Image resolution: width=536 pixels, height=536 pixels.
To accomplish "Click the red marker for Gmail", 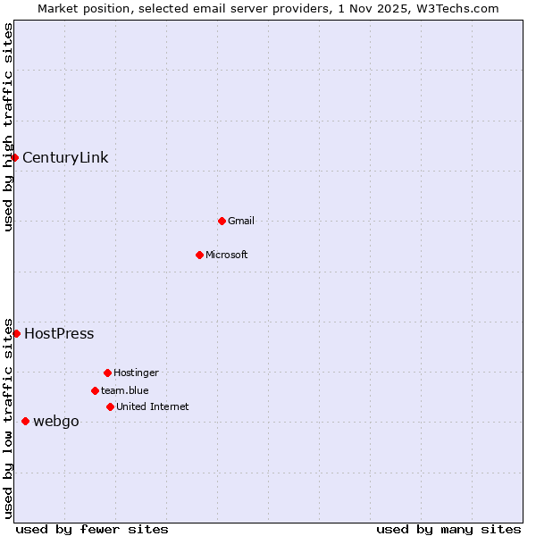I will [222, 221].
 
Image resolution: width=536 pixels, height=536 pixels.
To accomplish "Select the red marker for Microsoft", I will [199, 255].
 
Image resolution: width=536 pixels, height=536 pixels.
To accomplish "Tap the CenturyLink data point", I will [14, 158].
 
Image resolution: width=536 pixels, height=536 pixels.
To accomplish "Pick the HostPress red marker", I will [16, 333].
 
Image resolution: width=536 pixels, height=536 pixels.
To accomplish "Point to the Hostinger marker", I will [107, 373].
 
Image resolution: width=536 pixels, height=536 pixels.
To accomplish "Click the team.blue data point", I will [95, 390].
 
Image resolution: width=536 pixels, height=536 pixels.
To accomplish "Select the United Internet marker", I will [110, 406].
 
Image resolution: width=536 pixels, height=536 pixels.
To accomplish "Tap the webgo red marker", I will [25, 421].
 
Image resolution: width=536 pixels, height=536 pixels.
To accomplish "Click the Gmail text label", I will [241, 221].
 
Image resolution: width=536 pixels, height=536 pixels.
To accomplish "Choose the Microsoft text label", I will [227, 255].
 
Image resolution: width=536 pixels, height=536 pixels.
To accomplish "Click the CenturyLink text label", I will [65, 158].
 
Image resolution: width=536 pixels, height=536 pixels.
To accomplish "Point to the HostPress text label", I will [59, 334].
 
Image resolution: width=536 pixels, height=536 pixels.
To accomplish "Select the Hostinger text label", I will [136, 373].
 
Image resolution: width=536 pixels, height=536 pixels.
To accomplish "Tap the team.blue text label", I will [125, 390].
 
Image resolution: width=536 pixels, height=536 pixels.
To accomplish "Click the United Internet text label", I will [153, 406].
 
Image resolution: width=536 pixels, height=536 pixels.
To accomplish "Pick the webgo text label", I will [56, 422].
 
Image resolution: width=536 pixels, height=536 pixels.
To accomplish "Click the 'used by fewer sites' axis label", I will [92, 529].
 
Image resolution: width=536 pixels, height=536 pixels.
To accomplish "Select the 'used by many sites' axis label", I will [448, 529].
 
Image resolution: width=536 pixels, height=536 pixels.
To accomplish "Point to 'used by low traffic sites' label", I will [8, 417].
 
